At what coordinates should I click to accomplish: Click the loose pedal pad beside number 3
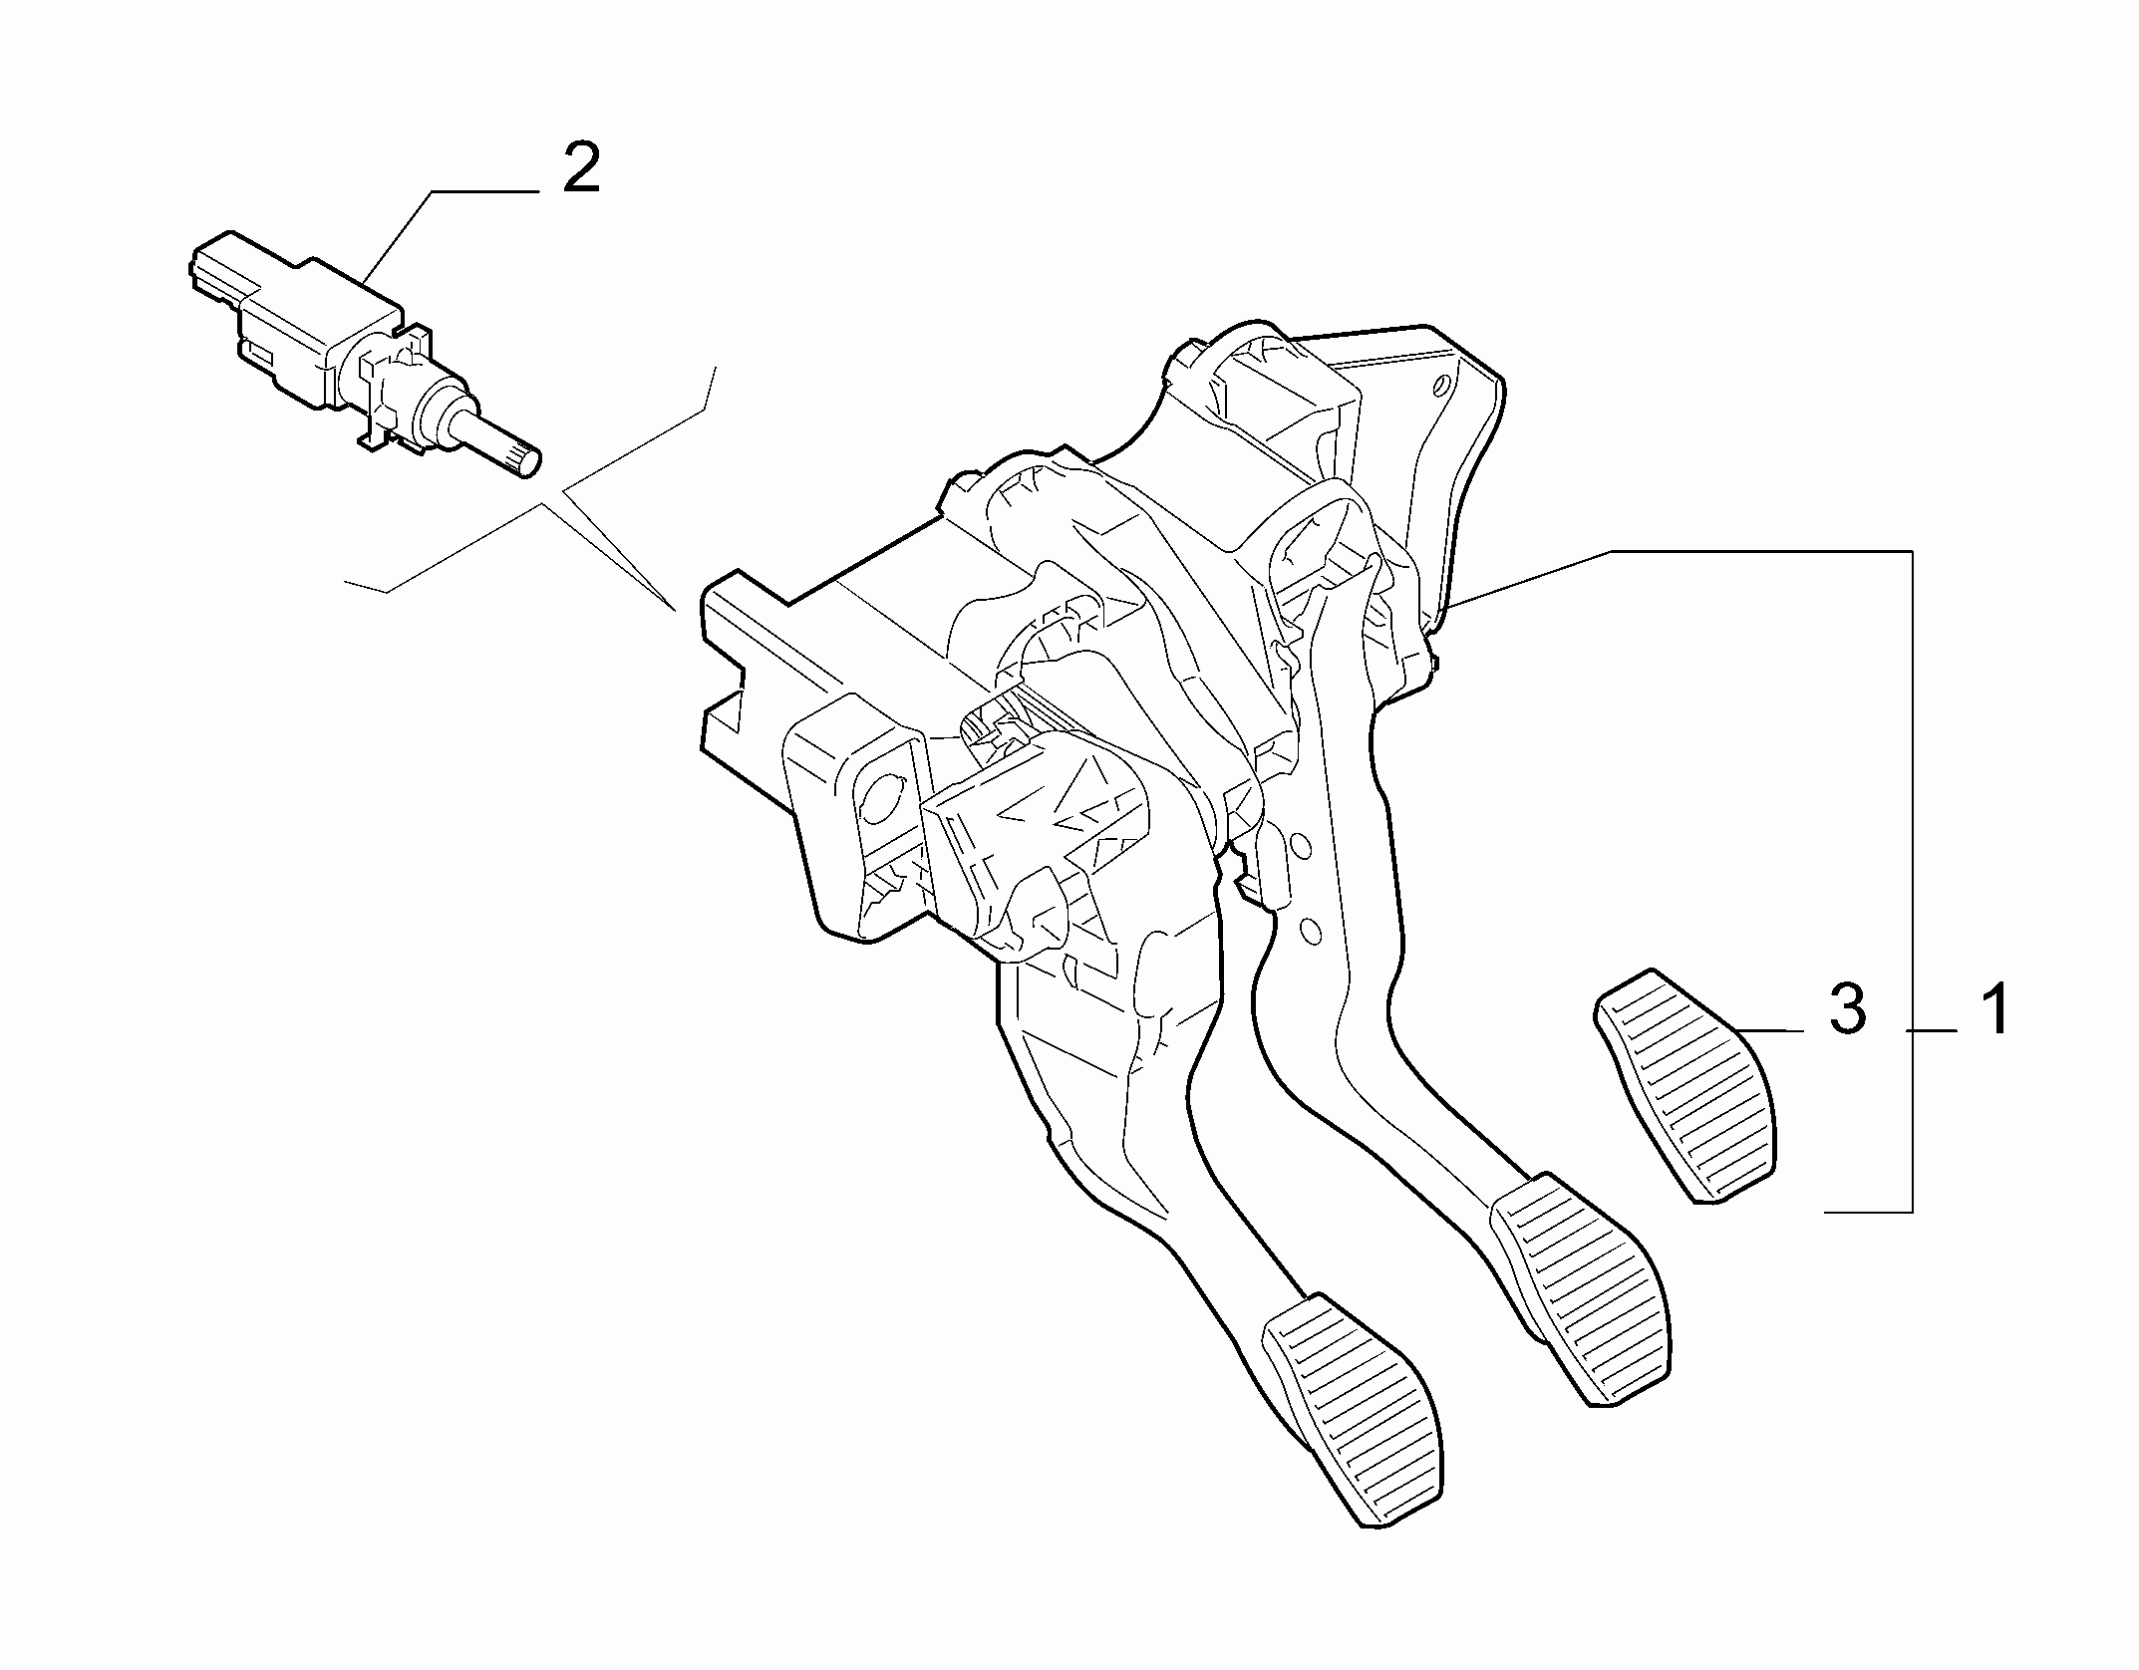(x=1687, y=1085)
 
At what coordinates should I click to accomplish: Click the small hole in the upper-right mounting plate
(x=1440, y=386)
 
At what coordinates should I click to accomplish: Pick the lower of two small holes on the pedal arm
(x=1312, y=931)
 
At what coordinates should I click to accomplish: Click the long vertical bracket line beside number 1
(x=1912, y=881)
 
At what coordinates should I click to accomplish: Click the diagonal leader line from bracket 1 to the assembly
(x=1529, y=578)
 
